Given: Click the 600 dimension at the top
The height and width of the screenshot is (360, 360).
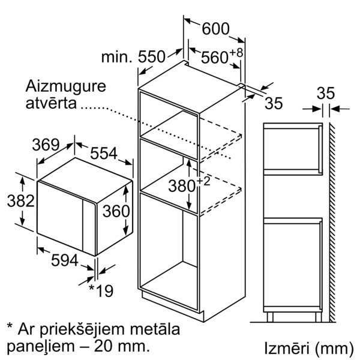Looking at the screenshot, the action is point(215,29).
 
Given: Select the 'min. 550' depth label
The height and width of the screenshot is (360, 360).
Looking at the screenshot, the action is point(133,57).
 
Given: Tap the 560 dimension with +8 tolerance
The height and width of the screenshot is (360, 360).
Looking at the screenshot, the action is point(222,56).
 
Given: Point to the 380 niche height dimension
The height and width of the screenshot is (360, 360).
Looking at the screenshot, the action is point(189,185).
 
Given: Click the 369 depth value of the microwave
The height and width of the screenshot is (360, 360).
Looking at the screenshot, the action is point(46,145).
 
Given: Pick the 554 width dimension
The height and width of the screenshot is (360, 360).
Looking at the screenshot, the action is point(104,153).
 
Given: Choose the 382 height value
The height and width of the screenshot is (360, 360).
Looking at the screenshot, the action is point(20,200).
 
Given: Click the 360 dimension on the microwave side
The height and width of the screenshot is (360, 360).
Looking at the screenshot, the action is point(116,211).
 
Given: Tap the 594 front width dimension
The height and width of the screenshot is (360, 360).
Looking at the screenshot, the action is point(65,260).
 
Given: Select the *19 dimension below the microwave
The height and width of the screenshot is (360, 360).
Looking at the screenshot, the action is point(101,291).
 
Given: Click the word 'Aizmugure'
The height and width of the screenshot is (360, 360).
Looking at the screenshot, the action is point(65,87).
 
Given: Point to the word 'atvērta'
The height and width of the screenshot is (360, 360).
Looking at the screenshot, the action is point(51,103).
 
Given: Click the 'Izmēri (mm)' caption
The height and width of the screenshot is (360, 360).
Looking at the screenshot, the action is point(309,349).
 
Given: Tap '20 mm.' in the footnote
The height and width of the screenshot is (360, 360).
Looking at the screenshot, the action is point(121,346).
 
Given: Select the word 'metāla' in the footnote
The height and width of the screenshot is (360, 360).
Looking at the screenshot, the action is point(155,329).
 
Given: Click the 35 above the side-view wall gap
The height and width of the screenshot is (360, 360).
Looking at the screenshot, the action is point(326,93).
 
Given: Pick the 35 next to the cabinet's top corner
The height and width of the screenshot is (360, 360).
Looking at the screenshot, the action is point(274,103).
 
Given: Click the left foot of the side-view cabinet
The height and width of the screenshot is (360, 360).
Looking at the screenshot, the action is point(270,317).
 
